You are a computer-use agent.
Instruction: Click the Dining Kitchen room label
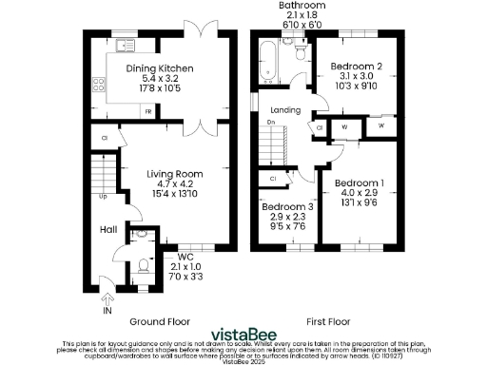(162, 69)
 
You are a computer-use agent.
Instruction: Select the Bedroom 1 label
(361, 182)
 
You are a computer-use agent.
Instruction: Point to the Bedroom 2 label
(356, 66)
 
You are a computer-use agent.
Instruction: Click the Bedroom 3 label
(286, 207)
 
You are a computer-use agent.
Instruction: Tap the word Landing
(285, 110)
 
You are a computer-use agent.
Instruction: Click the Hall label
(108, 229)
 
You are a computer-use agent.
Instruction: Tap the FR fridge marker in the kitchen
(149, 110)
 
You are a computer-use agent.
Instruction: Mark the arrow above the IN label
(107, 296)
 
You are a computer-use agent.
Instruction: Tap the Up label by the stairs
(103, 198)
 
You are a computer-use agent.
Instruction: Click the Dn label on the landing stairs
(271, 121)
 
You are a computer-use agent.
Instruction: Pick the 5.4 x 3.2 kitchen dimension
(162, 80)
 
